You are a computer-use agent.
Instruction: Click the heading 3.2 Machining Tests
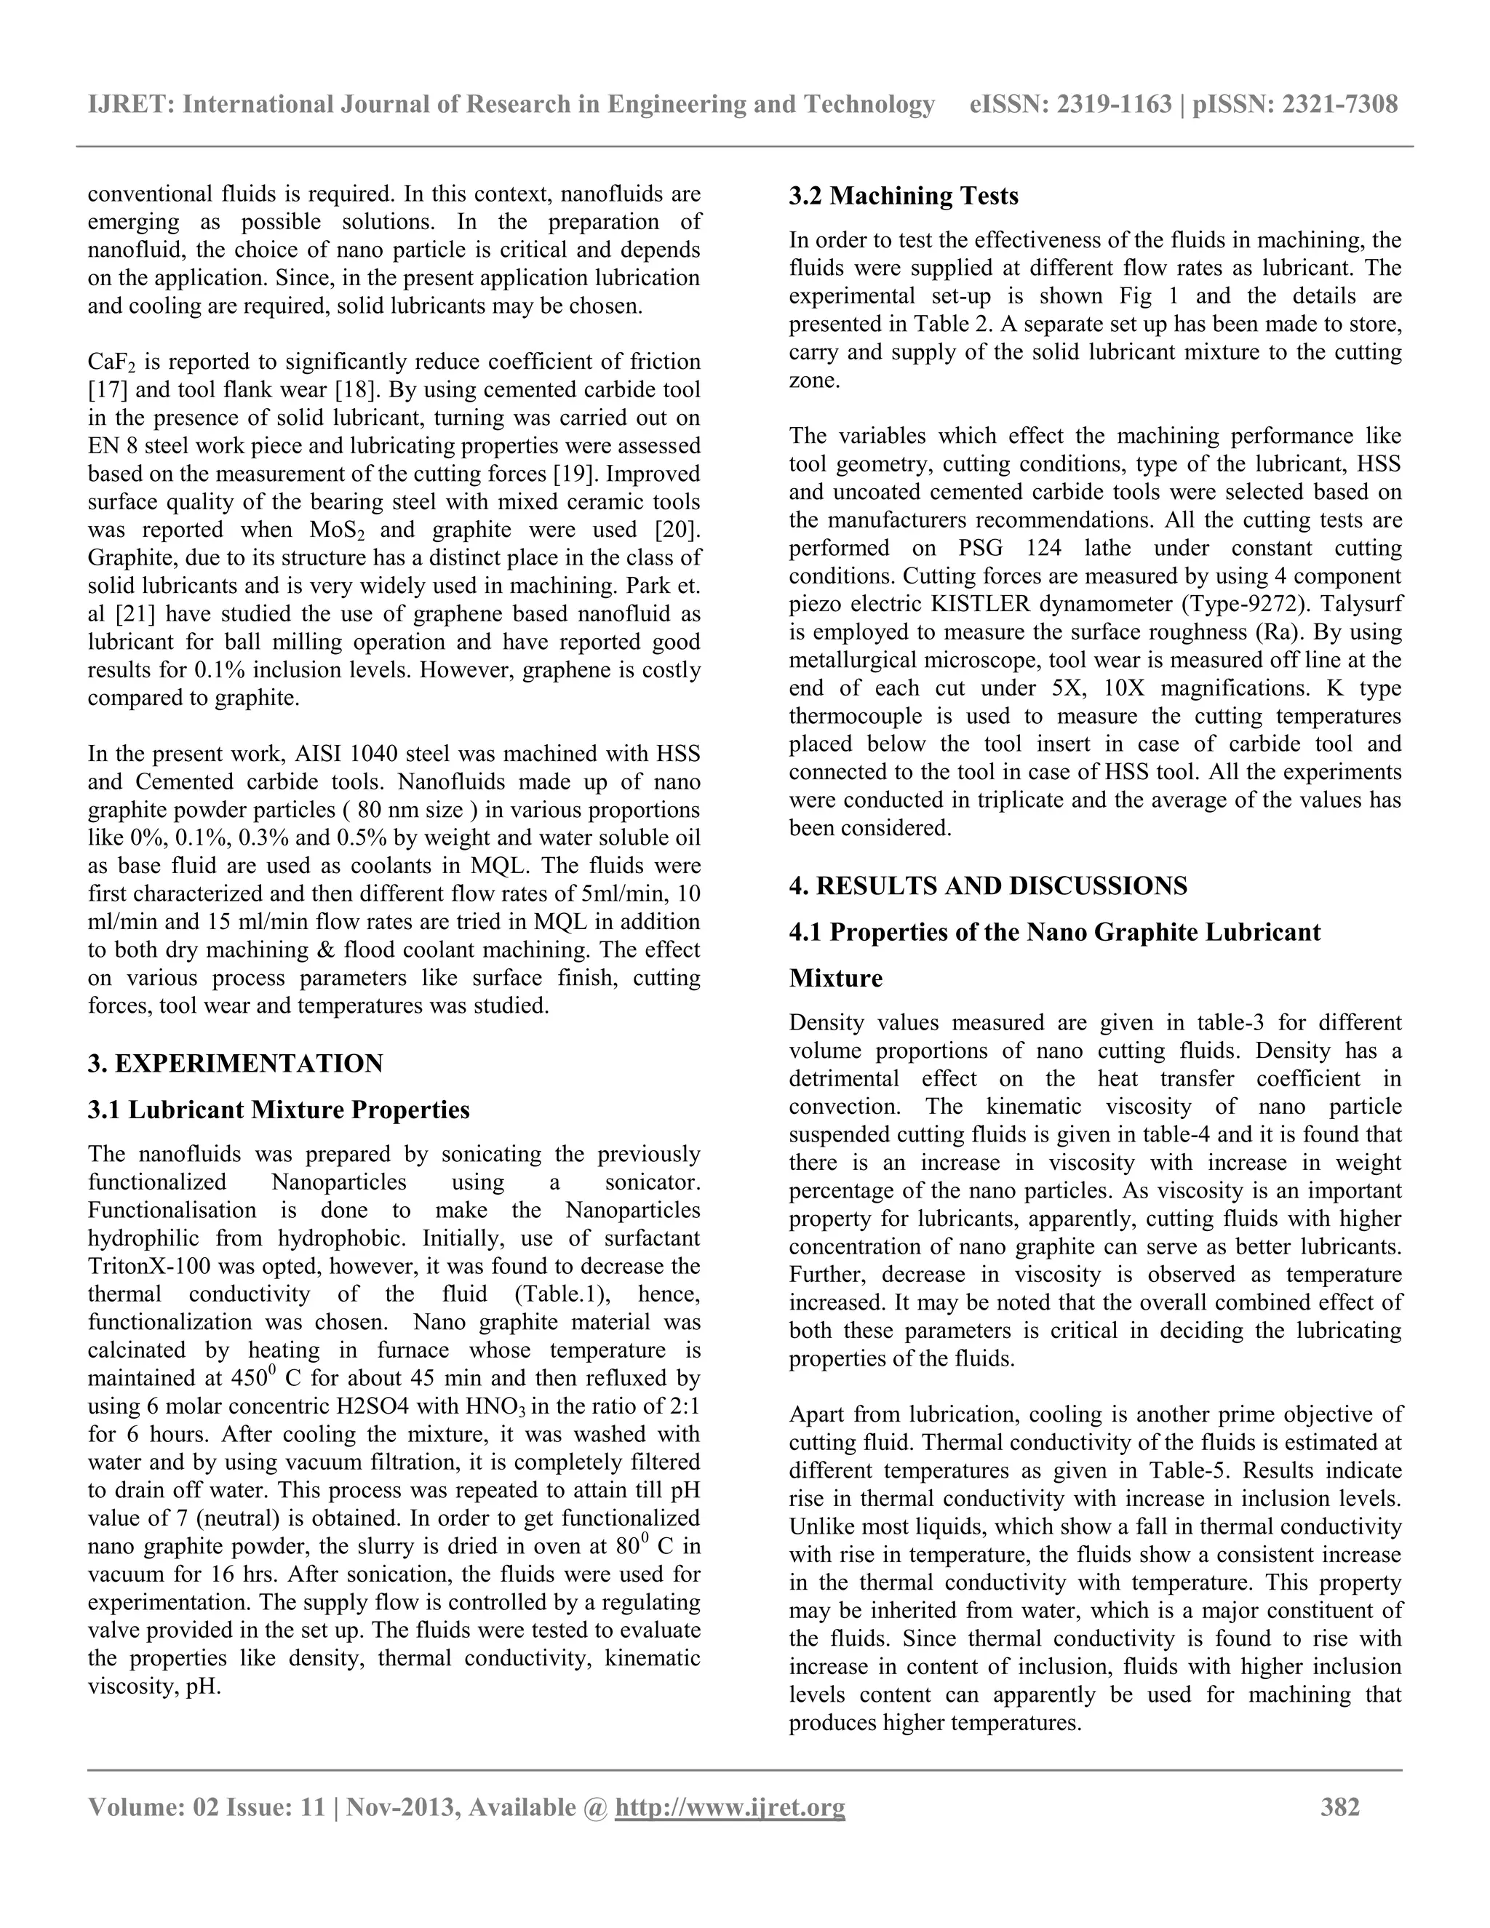(903, 195)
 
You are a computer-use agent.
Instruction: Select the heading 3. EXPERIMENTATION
(235, 1063)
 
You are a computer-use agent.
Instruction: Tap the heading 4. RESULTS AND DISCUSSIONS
(988, 885)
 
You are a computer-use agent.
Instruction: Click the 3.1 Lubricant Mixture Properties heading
(278, 1109)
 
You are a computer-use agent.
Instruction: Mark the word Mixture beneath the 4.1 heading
(835, 978)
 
